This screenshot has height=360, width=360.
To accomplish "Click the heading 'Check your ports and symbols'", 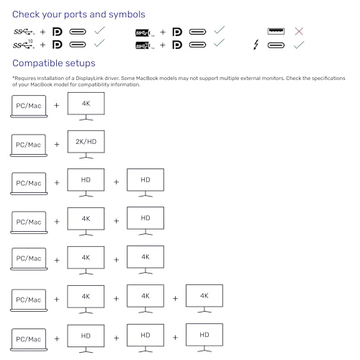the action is [x=78, y=14].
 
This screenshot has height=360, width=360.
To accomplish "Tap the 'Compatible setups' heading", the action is [x=54, y=63].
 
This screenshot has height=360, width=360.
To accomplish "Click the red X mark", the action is [x=299, y=31].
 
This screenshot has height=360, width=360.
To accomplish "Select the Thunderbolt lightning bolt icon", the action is [x=256, y=45].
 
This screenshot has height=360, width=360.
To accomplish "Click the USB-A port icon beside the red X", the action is [x=276, y=31].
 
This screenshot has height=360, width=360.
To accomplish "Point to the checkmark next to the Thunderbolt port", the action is [x=299, y=45].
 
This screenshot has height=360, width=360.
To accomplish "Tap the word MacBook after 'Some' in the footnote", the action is [x=147, y=78].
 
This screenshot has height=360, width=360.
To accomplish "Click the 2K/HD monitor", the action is [x=86, y=145].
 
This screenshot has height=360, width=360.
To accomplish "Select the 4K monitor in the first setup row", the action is [x=86, y=107].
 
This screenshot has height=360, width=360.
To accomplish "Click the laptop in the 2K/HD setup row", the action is [x=29, y=145].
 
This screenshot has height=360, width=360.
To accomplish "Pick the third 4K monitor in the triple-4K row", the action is [x=204, y=299].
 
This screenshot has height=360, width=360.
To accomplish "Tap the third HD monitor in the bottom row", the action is [x=204, y=338].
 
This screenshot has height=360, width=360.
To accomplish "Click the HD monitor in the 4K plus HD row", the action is [x=145, y=221].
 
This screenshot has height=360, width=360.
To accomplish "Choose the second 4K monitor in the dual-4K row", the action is [x=145, y=260].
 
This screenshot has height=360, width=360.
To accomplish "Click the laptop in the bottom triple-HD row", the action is [x=29, y=340].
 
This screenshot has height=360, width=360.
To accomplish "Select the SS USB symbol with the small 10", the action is [x=24, y=44].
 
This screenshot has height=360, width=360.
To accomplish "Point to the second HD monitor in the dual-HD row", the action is [x=145, y=183].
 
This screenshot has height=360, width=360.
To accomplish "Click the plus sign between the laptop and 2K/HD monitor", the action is [x=57, y=144].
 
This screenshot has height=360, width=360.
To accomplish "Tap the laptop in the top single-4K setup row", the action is [x=29, y=107].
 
